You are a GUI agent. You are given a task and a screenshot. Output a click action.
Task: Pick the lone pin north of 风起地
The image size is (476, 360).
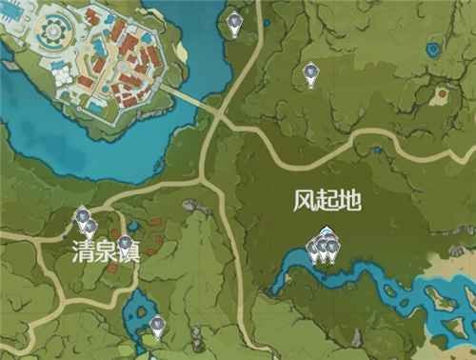[x=308, y=72]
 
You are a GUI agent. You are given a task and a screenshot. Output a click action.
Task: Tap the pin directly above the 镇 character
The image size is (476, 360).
[x=124, y=243]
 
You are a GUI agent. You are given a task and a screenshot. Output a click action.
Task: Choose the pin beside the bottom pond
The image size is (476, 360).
[x=157, y=327]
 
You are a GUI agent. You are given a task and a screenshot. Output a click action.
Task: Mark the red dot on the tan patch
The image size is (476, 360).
[x=441, y=94]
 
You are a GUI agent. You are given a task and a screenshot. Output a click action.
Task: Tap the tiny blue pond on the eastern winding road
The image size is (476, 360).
[x=378, y=149]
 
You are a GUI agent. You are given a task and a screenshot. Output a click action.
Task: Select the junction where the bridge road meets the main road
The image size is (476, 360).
[x=221, y=113]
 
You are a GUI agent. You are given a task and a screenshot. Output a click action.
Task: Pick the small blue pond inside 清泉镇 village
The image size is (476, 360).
[x=134, y=226]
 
